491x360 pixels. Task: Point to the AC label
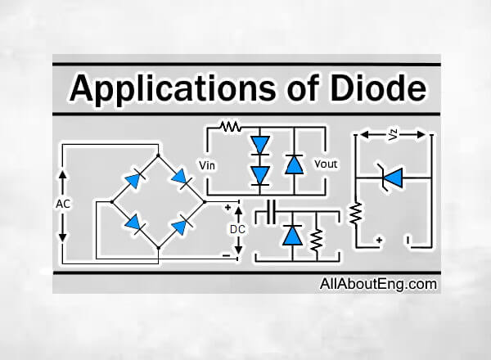(x=63, y=203)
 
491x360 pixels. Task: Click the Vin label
(x=208, y=164)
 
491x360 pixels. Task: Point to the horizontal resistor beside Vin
(x=230, y=128)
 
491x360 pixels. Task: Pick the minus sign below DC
(x=225, y=254)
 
